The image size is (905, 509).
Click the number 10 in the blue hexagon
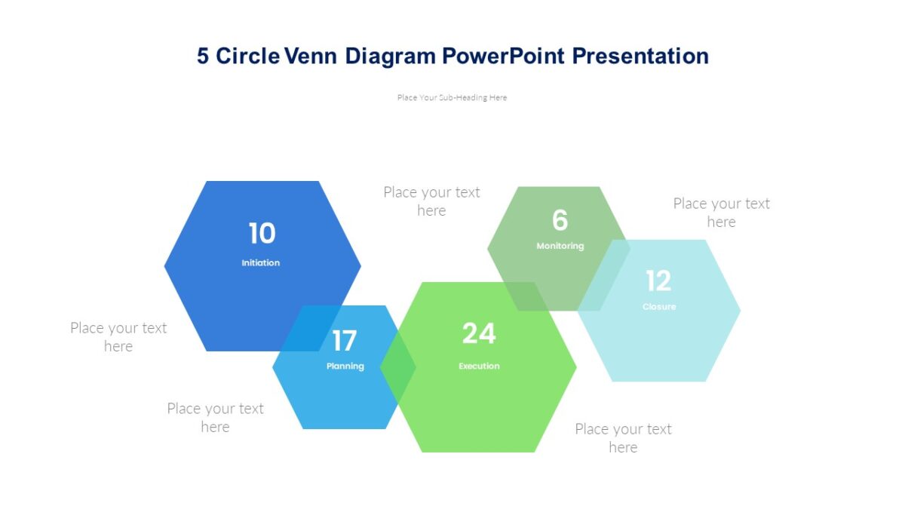pyautogui.click(x=262, y=233)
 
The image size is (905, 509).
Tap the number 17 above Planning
pyautogui.click(x=345, y=341)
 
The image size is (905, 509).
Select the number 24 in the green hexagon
pyautogui.click(x=479, y=333)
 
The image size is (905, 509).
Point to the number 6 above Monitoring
pyautogui.click(x=560, y=220)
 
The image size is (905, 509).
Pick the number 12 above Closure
pyautogui.click(x=658, y=281)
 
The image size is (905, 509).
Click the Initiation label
pyautogui.click(x=261, y=263)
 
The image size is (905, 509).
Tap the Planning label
pyautogui.click(x=345, y=366)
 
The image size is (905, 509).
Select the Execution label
pyautogui.click(x=479, y=366)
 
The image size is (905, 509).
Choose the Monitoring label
pyautogui.click(x=560, y=246)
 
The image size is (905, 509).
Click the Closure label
pyautogui.click(x=659, y=307)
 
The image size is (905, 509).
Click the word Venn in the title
pyautogui.click(x=310, y=56)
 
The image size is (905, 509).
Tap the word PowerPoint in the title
pyautogui.click(x=503, y=56)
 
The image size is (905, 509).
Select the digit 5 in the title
pyautogui.click(x=203, y=56)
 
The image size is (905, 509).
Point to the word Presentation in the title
pyautogui.click(x=640, y=56)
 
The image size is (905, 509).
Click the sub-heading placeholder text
pyautogui.click(x=452, y=97)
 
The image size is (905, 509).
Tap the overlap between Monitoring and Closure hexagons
pyautogui.click(x=604, y=275)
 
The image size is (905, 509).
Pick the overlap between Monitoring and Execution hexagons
pyautogui.click(x=525, y=296)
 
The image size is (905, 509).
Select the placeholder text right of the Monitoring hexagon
pyautogui.click(x=721, y=213)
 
